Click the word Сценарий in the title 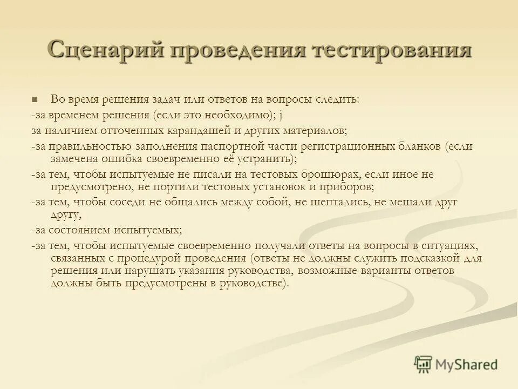click(x=105, y=51)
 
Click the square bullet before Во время click(x=35, y=99)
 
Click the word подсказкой click(x=430, y=258)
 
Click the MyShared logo click(x=456, y=364)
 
